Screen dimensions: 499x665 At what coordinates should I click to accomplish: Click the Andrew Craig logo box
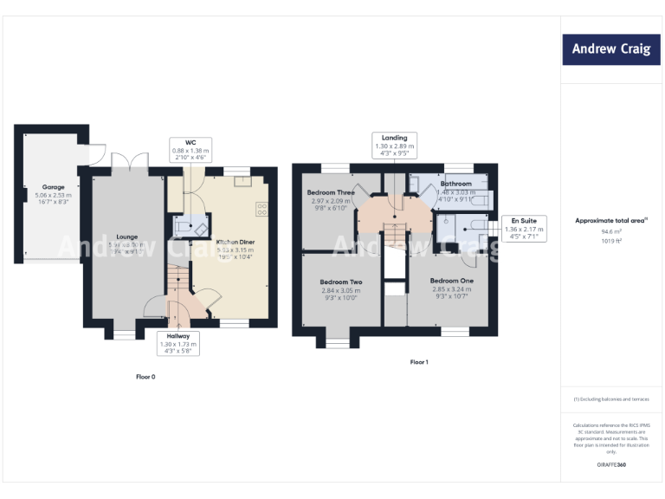(610, 49)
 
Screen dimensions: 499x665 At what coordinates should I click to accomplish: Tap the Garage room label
(54, 187)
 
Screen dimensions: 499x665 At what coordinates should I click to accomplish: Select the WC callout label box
(190, 150)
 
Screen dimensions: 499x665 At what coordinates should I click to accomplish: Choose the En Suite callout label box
(522, 229)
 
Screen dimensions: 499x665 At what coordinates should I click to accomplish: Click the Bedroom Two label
(340, 282)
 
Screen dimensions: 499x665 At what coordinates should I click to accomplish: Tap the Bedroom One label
(452, 282)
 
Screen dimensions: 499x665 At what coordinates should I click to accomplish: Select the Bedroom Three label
(331, 192)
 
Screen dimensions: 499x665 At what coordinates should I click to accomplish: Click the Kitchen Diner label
(235, 243)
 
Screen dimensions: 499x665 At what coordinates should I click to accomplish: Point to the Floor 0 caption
(145, 377)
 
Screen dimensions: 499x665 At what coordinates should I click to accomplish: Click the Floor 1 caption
(419, 361)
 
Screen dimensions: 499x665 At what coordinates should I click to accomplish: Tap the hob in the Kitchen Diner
(261, 209)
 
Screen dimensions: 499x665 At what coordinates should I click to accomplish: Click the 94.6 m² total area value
(611, 232)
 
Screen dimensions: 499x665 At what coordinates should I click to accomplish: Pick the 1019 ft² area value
(611, 242)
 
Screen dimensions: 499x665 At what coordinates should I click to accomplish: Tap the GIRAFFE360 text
(611, 465)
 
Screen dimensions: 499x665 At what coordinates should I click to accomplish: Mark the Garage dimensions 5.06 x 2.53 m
(54, 196)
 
